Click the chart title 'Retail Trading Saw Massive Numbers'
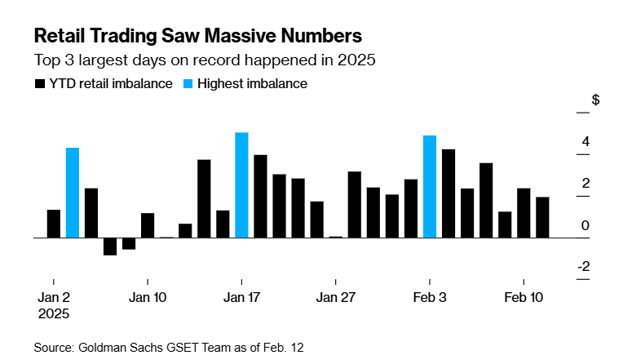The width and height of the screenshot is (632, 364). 197,37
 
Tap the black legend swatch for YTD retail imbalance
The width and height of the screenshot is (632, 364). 38,83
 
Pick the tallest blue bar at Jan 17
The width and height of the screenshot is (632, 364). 241,184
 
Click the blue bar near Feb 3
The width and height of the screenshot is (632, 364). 430,186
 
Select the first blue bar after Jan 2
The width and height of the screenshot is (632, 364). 73,193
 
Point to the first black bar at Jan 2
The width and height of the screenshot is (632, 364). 54,224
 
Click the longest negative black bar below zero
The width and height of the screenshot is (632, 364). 110,246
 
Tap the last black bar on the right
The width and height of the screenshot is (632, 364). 542,217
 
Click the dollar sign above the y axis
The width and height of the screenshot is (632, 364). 595,100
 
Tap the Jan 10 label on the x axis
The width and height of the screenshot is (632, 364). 148,297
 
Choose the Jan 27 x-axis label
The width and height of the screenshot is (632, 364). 335,297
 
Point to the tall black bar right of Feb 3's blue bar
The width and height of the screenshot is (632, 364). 449,193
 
